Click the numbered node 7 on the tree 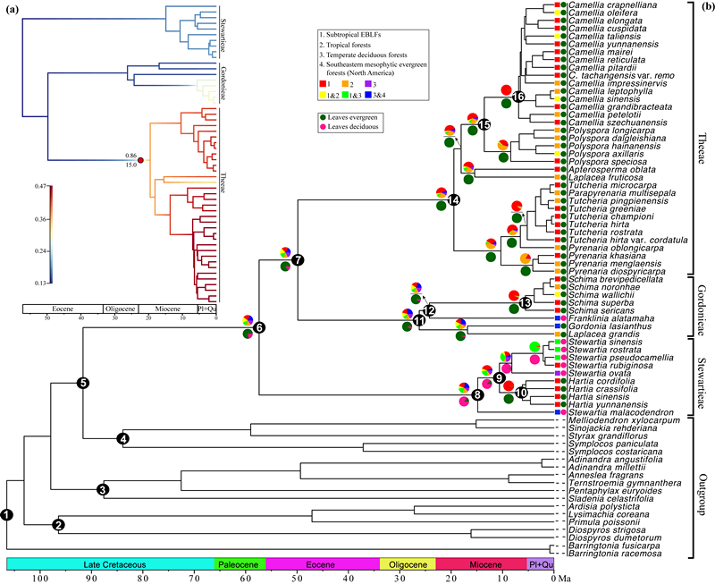(298, 259)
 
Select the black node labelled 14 (454, 199)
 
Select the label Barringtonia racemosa (610, 554)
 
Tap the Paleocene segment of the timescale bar (240, 563)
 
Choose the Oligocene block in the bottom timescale (408, 563)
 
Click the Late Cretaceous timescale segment (111, 563)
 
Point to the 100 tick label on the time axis (39, 578)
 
